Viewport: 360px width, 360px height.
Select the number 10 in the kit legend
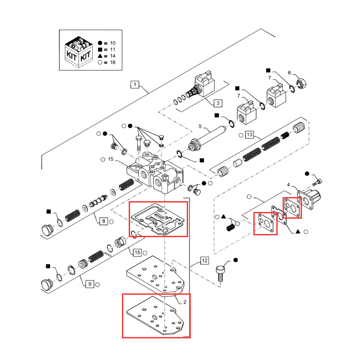pos(112,43)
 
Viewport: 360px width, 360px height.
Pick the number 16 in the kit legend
pos(112,63)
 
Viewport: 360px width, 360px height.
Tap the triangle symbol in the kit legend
pos(100,56)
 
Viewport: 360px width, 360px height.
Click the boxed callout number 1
pos(135,84)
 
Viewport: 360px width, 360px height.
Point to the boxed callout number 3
pos(217,103)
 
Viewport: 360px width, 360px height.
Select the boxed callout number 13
pos(250,135)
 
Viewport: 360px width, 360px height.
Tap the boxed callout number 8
pos(103,221)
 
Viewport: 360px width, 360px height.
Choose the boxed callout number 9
pos(90,284)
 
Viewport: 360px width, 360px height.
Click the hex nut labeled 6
pos(302,83)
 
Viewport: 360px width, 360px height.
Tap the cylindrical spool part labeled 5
pos(209,136)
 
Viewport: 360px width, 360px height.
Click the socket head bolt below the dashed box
pos(220,273)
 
